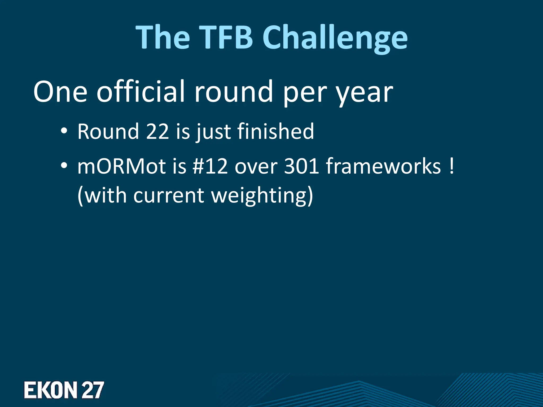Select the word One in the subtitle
coord(60,91)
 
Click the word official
coord(141,91)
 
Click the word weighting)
coord(262,196)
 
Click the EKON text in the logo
coord(50,390)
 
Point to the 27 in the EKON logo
coord(93,390)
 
